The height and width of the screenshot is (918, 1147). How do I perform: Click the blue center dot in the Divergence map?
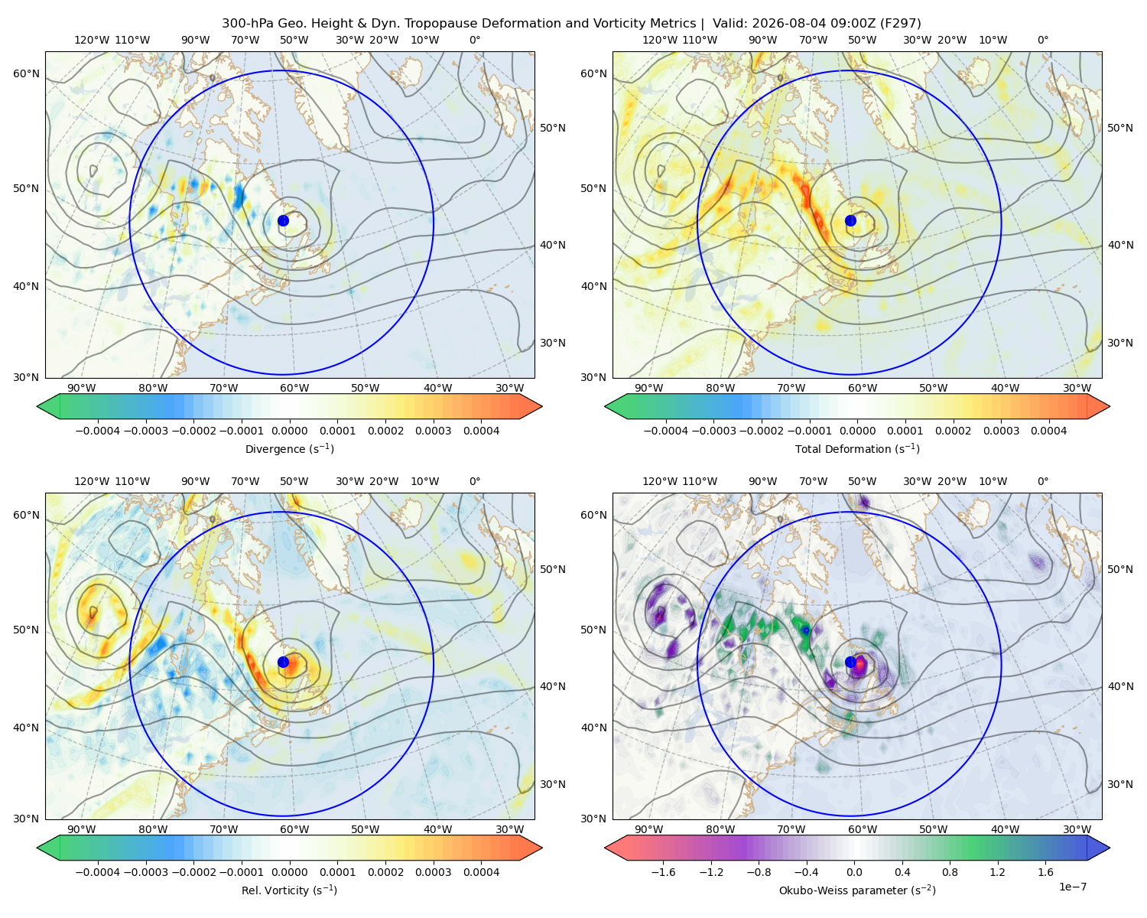click(x=283, y=220)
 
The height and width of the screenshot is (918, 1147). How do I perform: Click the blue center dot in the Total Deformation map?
click(x=850, y=220)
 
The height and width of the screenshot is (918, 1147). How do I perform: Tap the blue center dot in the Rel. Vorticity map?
click(x=283, y=662)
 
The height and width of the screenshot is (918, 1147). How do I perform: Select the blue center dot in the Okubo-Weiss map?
click(x=850, y=662)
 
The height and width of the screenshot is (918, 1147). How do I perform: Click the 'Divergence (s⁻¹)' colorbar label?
click(x=289, y=448)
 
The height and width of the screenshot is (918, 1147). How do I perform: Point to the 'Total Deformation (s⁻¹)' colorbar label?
click(x=857, y=448)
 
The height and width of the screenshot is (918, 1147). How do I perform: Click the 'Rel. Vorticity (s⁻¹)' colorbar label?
click(x=289, y=890)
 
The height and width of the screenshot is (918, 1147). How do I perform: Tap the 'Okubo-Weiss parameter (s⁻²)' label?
click(x=857, y=890)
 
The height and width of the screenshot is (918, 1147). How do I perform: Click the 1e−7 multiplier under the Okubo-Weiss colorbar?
click(x=1072, y=887)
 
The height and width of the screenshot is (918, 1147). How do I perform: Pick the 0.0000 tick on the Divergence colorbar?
click(x=289, y=431)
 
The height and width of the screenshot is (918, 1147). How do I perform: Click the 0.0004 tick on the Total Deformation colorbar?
click(x=1048, y=431)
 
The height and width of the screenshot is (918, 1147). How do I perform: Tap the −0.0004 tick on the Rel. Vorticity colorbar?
click(x=98, y=871)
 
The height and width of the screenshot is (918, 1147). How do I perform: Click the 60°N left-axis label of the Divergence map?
click(x=26, y=73)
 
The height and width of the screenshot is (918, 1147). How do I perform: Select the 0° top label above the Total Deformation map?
click(x=1042, y=40)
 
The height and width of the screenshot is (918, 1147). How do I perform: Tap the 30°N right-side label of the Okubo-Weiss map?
click(x=1120, y=784)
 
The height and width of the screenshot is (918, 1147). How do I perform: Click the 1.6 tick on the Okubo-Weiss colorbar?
click(x=1045, y=871)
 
